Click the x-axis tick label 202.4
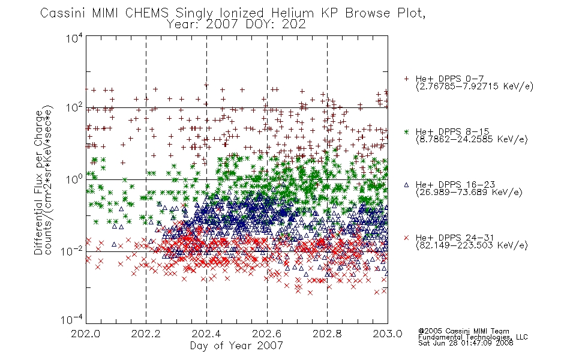[x=206, y=334]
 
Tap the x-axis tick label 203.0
[x=388, y=334]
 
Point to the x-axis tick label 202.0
[x=86, y=334]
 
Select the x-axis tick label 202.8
[x=327, y=334]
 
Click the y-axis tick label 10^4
[x=74, y=38]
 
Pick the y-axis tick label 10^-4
[x=73, y=319]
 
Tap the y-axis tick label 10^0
[x=74, y=179]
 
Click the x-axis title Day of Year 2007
[x=236, y=346]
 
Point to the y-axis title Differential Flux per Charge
[x=38, y=182]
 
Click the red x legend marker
[x=406, y=238]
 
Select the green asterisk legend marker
[x=406, y=131]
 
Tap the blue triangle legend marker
[x=406, y=185]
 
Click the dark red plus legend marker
[x=406, y=79]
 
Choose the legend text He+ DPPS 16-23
[x=455, y=185]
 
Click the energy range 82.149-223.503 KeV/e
[x=472, y=245]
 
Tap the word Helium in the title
[x=293, y=13]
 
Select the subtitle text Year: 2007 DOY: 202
[x=236, y=25]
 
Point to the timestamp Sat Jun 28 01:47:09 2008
[x=466, y=343]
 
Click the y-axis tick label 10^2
[x=74, y=107]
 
